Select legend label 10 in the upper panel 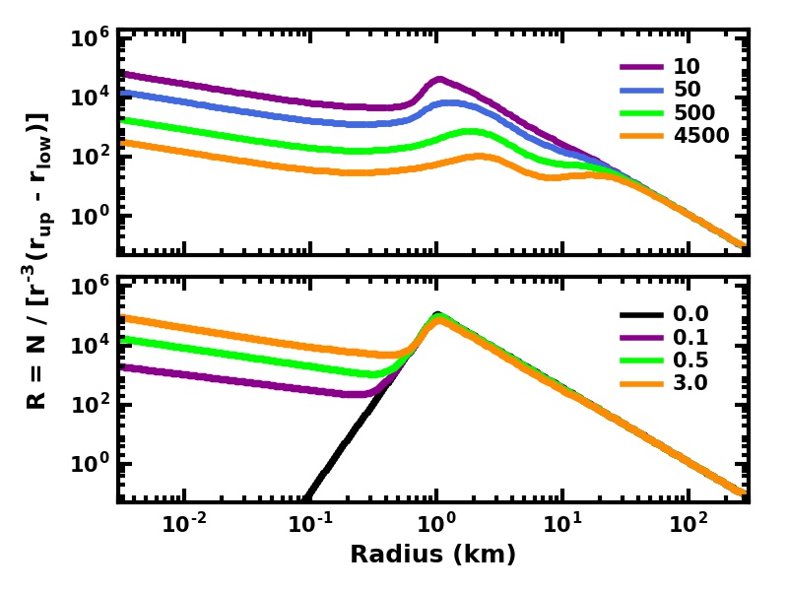(x=688, y=67)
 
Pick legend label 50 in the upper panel (x=688, y=91)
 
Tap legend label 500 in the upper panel (x=694, y=113)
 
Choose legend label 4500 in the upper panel (x=701, y=136)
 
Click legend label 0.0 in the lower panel (x=690, y=315)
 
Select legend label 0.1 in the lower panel (x=690, y=338)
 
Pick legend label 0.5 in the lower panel (x=690, y=361)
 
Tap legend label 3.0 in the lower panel (x=690, y=383)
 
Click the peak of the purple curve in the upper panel (x=439, y=79)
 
